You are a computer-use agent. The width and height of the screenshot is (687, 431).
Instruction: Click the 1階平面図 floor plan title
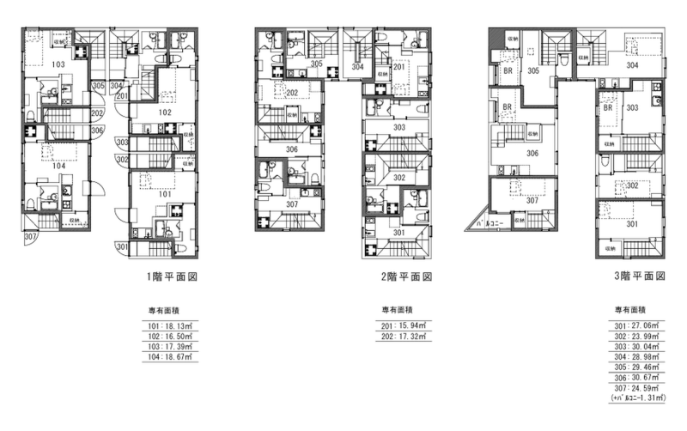click(176, 277)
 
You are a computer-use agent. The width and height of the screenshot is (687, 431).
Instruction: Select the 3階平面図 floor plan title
click(638, 277)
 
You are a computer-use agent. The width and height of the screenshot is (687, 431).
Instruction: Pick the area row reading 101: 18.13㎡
click(167, 325)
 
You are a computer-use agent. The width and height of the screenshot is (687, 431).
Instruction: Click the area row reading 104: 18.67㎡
click(167, 355)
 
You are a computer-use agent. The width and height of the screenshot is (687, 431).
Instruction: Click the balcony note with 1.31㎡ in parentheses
click(636, 397)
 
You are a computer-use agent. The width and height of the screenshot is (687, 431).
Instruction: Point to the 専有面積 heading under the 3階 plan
click(629, 309)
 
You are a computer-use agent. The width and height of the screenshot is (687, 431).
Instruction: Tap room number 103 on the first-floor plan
click(58, 64)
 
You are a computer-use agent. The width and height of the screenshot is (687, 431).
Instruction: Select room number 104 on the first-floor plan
click(58, 166)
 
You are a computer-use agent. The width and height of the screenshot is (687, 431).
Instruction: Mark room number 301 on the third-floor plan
click(632, 224)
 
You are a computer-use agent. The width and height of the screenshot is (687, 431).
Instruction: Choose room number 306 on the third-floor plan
click(532, 154)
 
